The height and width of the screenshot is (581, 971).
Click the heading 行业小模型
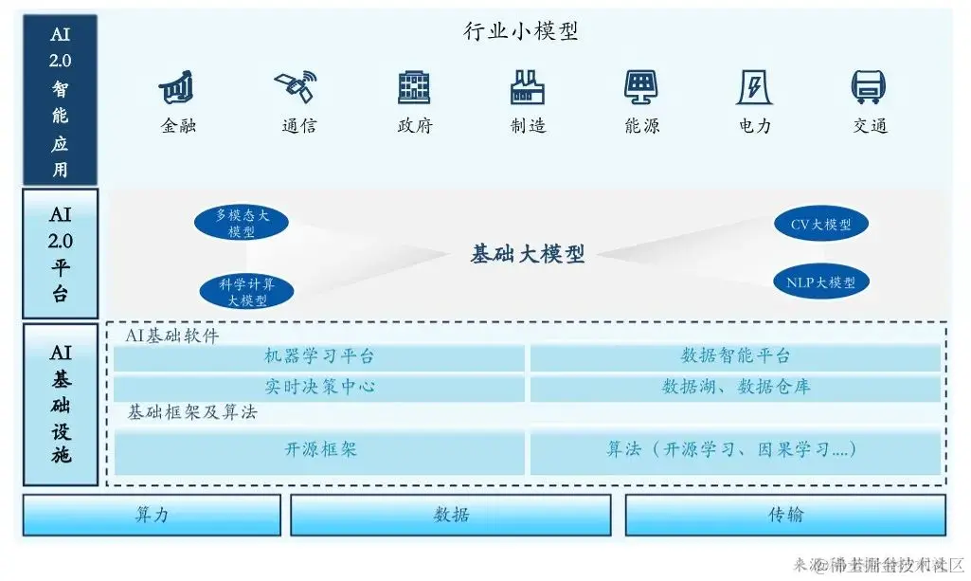[x=521, y=32]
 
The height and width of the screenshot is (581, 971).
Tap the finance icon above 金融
[x=177, y=88]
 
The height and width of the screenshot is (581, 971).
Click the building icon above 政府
[x=414, y=87]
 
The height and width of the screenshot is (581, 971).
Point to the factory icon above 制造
[x=528, y=87]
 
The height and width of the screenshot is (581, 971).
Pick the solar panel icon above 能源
[x=641, y=87]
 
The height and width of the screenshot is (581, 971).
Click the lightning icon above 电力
[x=755, y=87]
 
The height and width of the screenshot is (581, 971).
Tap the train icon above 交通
[x=869, y=87]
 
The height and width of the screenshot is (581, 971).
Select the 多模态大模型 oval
[x=242, y=224]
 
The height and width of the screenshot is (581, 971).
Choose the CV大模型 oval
[x=820, y=225]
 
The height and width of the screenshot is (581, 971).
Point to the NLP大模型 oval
[x=820, y=281]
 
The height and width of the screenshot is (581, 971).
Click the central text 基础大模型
[x=528, y=254]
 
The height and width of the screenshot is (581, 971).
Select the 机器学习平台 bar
[x=319, y=357]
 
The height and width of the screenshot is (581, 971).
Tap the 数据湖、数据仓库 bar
[x=735, y=388]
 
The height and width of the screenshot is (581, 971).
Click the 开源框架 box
[x=319, y=450]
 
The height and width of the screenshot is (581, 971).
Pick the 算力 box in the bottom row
[x=153, y=516]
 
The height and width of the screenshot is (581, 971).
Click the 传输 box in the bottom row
[x=785, y=516]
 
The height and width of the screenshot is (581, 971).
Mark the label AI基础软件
[x=171, y=336]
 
